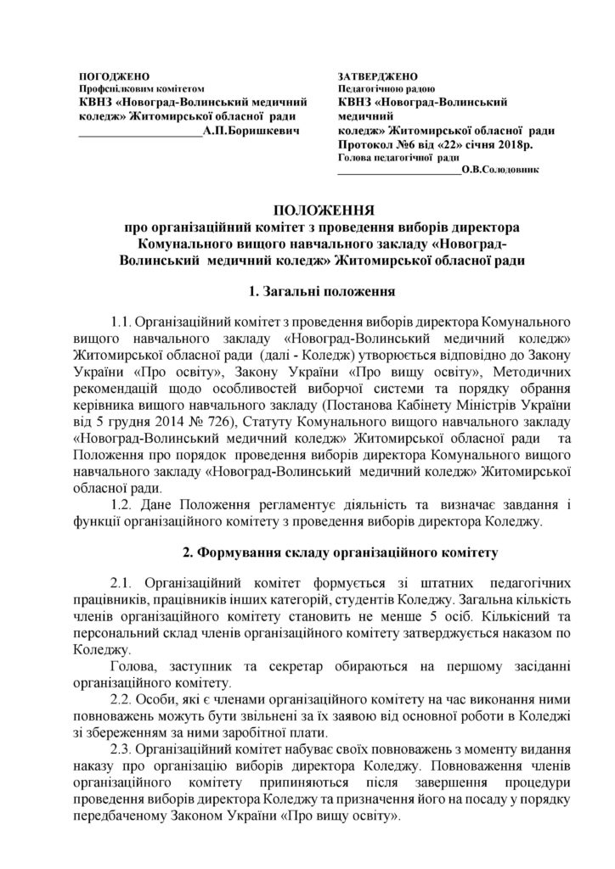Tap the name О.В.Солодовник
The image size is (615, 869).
pyautogui.click(x=499, y=169)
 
